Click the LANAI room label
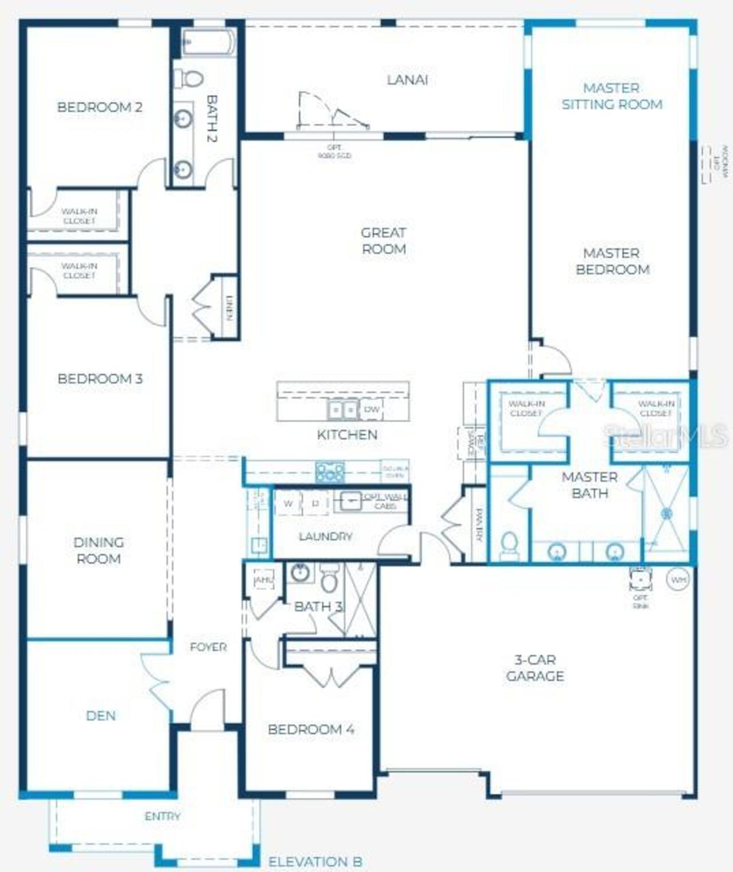407,80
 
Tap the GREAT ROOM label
384,241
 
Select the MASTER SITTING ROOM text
612,96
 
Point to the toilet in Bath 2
189,78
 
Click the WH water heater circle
678,580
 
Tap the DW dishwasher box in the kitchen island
372,409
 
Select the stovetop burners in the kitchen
330,472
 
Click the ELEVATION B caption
315,862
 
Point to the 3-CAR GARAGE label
535,668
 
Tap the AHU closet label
263,580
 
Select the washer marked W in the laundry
288,503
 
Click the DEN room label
101,716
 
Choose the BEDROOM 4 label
310,729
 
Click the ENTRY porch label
163,816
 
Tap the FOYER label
208,647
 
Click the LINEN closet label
230,308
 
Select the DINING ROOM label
98,550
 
